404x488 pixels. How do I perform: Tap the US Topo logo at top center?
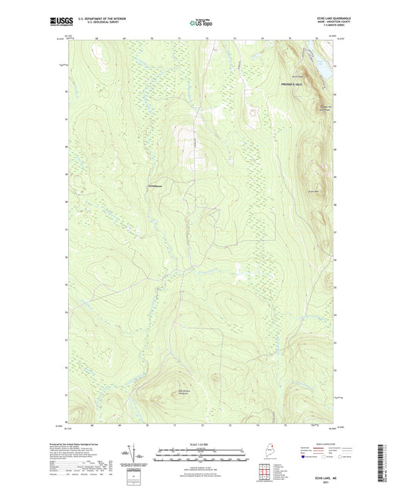[x=201, y=23]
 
